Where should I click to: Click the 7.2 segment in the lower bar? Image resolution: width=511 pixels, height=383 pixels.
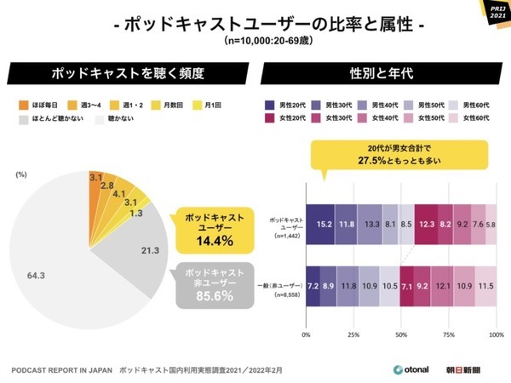tap(313, 285)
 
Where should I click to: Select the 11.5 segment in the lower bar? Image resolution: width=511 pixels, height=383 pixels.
tap(485, 285)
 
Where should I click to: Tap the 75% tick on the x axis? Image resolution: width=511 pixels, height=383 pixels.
tap(449, 335)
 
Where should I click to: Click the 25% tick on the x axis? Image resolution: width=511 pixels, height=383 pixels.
tap(353, 335)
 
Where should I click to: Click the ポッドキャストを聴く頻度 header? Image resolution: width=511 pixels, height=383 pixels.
tap(128, 72)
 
